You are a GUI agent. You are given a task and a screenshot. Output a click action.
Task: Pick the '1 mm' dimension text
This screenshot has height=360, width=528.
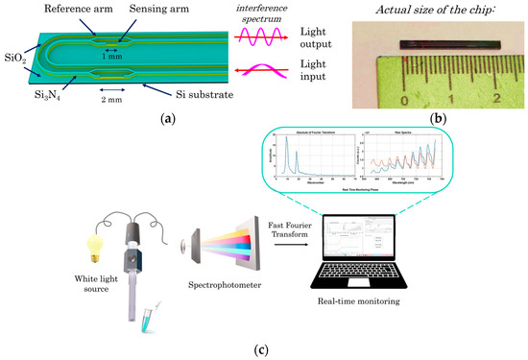point(111,57)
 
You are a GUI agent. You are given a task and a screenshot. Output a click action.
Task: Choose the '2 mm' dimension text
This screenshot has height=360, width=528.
point(113,99)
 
